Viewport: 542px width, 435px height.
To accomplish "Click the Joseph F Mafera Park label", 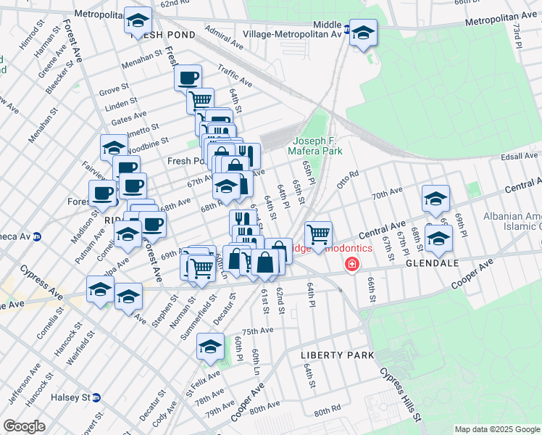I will pyautogui.click(x=317, y=146).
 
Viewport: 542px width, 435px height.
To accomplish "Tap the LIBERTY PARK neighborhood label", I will pyautogui.click(x=338, y=355).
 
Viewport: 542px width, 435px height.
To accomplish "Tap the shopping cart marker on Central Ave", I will pyautogui.click(x=318, y=234).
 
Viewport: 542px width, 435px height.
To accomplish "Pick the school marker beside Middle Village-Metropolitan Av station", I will pyautogui.click(x=363, y=32).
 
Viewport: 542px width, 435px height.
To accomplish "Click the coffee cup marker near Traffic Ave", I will pyautogui.click(x=188, y=77).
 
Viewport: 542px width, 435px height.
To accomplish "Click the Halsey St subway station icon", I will pyautogui.click(x=96, y=397).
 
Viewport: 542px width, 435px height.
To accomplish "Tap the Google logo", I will pyautogui.click(x=24, y=426).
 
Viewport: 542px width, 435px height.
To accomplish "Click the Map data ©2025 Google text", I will pyautogui.click(x=496, y=429).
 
